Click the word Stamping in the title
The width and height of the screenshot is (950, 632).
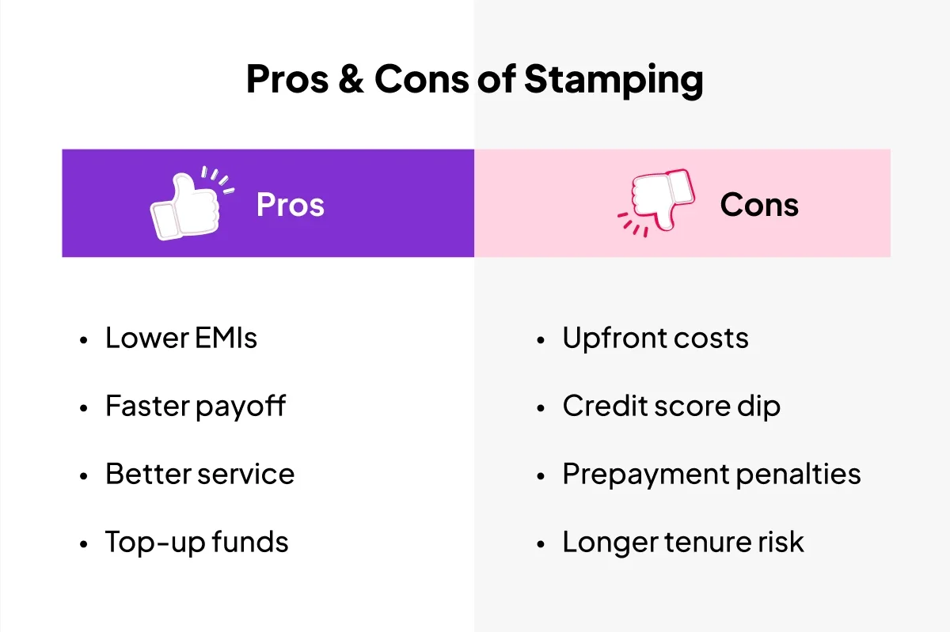click(614, 80)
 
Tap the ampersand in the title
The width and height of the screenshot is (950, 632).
click(351, 79)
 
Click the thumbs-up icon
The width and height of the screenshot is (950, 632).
click(192, 202)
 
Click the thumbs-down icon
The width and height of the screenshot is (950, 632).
click(655, 202)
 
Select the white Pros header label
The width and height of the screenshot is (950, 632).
click(291, 205)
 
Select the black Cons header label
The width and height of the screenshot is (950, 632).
click(759, 205)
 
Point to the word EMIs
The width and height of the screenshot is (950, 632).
click(226, 339)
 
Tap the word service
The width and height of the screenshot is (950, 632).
click(246, 474)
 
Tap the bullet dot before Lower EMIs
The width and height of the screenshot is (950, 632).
click(84, 340)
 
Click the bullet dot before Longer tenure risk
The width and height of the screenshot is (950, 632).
click(540, 544)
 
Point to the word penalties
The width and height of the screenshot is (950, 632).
click(798, 475)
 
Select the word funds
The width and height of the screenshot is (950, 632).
click(250, 542)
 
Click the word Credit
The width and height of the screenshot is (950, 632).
click(605, 406)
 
